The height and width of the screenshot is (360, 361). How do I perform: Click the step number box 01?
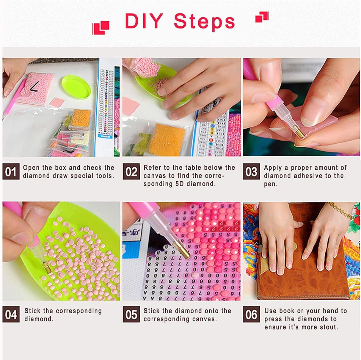tap(11, 172)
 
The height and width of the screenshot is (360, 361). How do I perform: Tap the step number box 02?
tap(131, 172)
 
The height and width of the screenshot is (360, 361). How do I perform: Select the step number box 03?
tap(251, 172)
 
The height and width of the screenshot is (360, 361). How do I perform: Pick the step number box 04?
tap(11, 315)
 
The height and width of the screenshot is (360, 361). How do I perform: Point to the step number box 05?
tap(131, 315)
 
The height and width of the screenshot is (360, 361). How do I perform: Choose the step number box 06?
tap(251, 315)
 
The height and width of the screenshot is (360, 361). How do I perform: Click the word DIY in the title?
tap(144, 21)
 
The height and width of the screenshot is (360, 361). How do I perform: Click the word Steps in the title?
tap(204, 21)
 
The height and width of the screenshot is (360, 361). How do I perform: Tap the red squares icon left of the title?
tap(101, 28)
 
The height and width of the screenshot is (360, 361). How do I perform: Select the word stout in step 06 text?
tap(328, 327)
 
